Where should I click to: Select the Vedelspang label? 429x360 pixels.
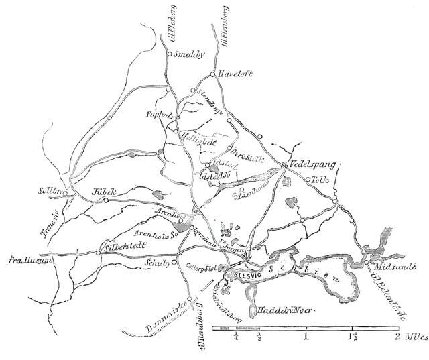pyautogui.click(x=312, y=164)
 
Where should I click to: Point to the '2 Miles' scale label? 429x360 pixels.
pyautogui.click(x=409, y=335)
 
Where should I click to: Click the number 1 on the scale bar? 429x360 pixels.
pyautogui.click(x=306, y=335)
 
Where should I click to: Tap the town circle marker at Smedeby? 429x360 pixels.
pyautogui.click(x=170, y=53)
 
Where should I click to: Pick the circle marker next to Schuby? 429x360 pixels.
pyautogui.click(x=174, y=263)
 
